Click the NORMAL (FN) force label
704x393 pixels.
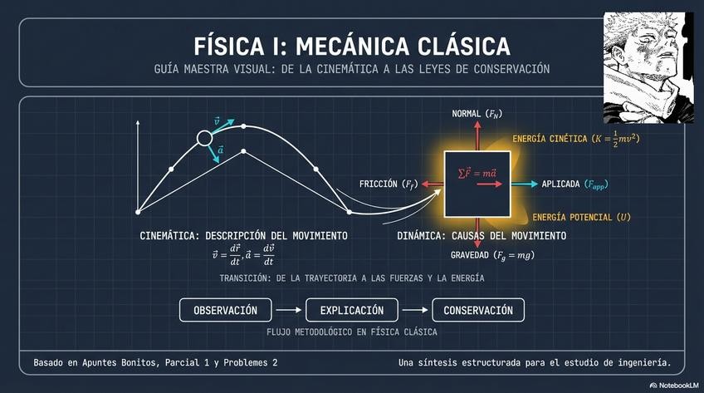pos(477,113)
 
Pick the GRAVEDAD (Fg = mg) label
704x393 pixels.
pos(492,255)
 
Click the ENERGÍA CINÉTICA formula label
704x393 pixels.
pos(576,140)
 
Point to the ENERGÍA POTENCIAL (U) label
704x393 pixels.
pos(581,217)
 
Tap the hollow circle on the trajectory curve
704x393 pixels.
pos(204,139)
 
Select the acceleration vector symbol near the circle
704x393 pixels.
pos(219,150)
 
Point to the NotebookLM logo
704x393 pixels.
pos(673,385)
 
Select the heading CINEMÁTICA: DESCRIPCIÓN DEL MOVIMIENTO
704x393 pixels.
pos(243,236)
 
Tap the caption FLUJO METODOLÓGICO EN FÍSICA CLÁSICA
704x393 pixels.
pos(352,332)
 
